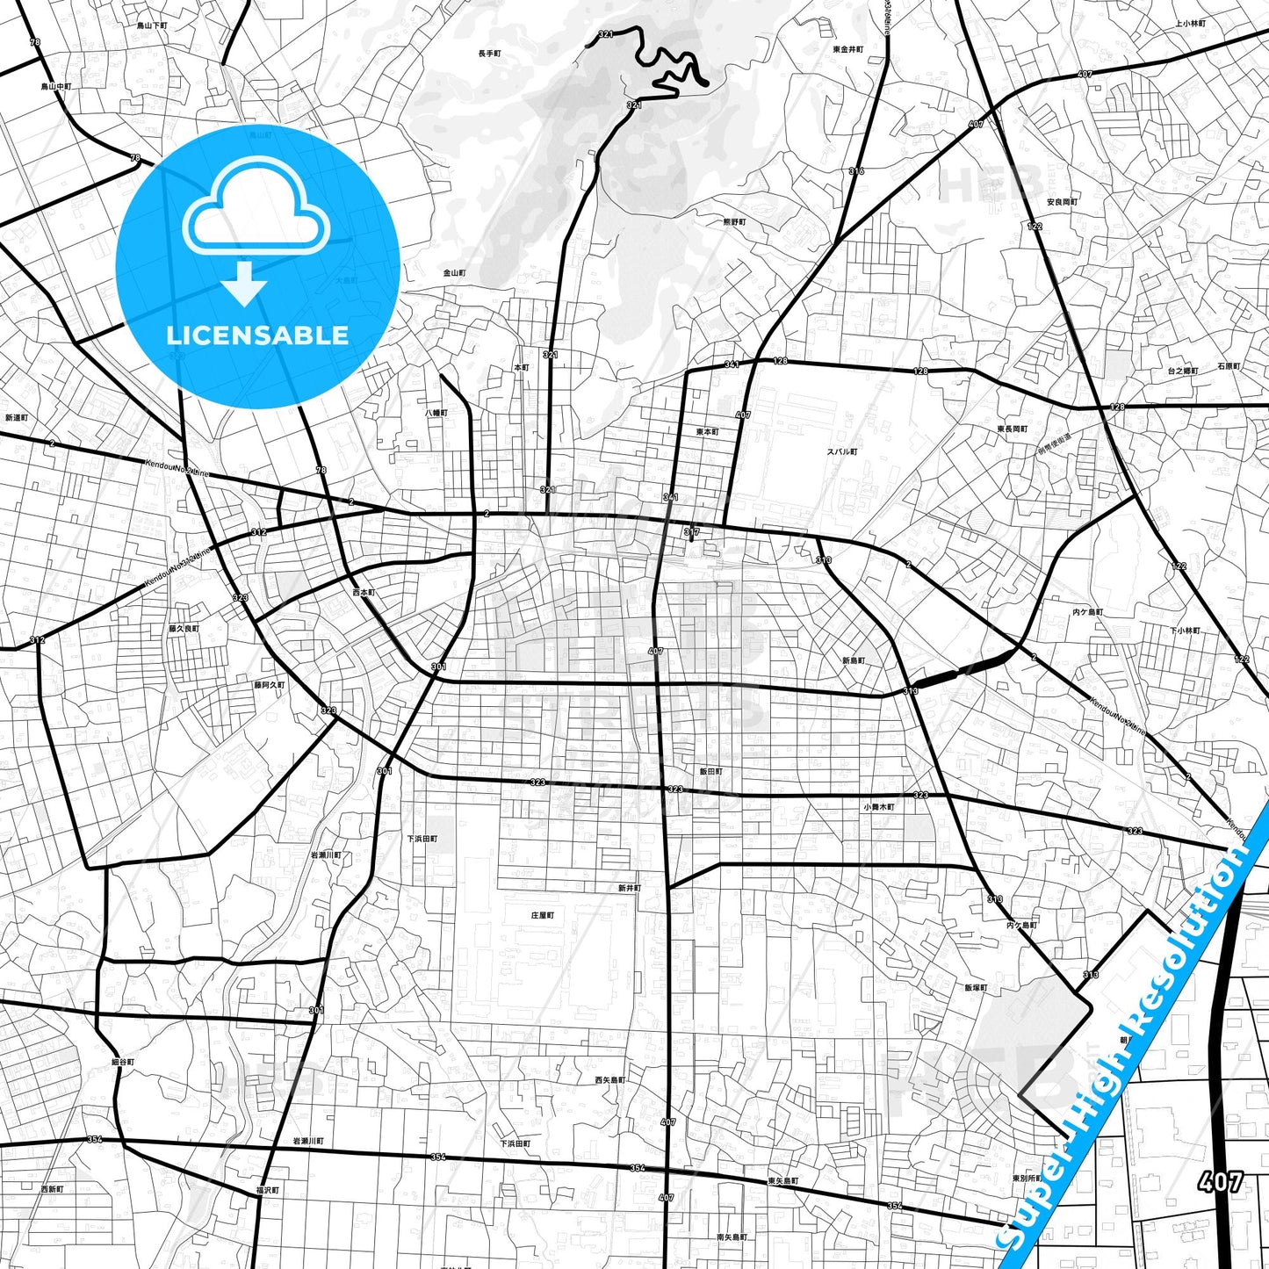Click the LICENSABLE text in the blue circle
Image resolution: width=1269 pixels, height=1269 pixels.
click(x=257, y=335)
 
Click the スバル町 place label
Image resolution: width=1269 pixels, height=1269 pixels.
click(x=841, y=451)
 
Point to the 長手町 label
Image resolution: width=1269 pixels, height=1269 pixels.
click(x=489, y=54)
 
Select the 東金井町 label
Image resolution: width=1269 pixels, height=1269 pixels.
click(x=848, y=50)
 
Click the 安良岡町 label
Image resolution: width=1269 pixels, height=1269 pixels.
click(x=1062, y=202)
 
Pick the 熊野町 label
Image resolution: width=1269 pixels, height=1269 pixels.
click(x=734, y=223)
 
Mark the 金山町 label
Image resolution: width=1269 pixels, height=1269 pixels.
click(x=454, y=273)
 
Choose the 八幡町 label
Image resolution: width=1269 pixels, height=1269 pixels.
click(x=436, y=412)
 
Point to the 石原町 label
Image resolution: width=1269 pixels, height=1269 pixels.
click(x=1229, y=366)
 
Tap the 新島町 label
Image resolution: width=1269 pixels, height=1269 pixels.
click(x=853, y=660)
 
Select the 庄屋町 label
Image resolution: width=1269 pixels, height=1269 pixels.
click(x=542, y=915)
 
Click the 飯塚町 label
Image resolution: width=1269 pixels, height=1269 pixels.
click(x=976, y=988)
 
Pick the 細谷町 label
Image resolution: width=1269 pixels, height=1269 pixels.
click(x=123, y=1063)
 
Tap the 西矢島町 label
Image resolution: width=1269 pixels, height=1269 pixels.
click(x=609, y=1079)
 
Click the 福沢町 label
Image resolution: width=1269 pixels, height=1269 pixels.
click(x=267, y=1190)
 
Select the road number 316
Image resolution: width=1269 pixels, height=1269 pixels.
click(x=856, y=171)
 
